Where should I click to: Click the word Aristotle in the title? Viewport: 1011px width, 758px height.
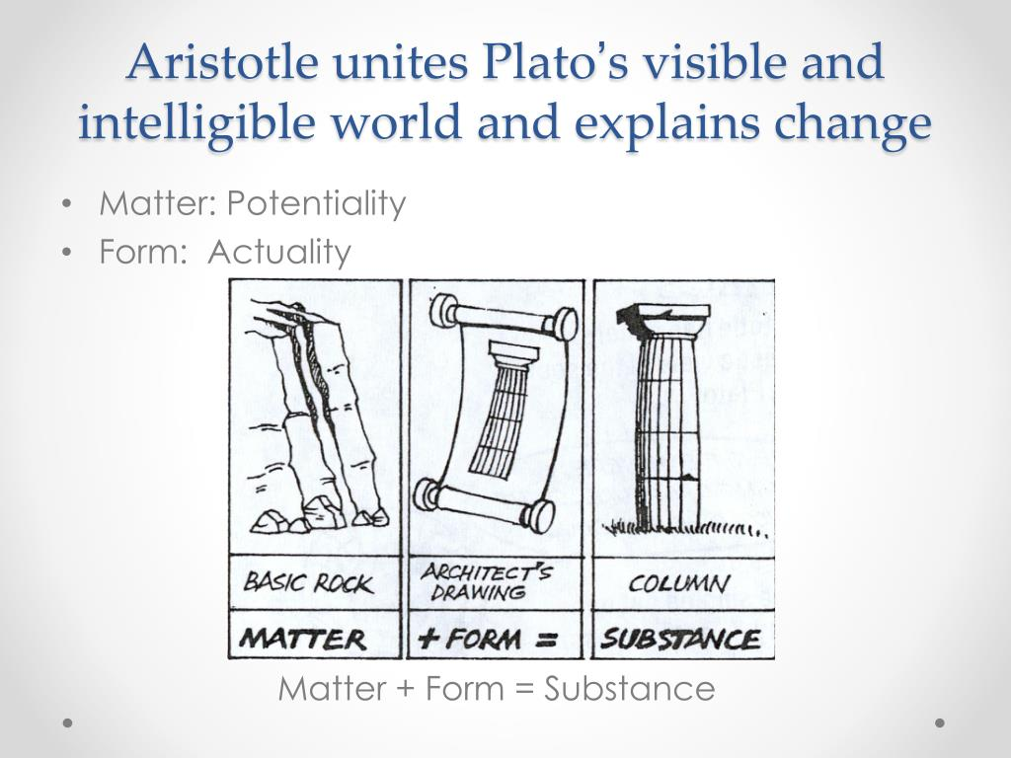pyautogui.click(x=222, y=61)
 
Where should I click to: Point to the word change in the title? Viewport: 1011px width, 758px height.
pyautogui.click(x=853, y=122)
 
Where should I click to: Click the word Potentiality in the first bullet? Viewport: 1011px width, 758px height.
pyautogui.click(x=317, y=203)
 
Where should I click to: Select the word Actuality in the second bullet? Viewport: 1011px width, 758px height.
pyautogui.click(x=279, y=252)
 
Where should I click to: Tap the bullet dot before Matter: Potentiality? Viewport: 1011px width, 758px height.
pyautogui.click(x=66, y=204)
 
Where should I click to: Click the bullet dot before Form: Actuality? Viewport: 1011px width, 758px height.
pyautogui.click(x=66, y=253)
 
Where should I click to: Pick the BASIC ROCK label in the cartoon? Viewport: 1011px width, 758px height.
pyautogui.click(x=308, y=582)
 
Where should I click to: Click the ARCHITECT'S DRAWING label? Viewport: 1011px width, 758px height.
pyautogui.click(x=486, y=582)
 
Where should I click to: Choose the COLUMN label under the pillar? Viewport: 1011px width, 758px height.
pyautogui.click(x=678, y=584)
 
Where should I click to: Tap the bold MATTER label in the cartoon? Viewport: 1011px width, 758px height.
pyautogui.click(x=303, y=639)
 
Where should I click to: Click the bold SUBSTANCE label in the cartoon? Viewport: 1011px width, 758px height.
pyautogui.click(x=680, y=639)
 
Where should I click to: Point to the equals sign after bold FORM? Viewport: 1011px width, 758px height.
pyautogui.click(x=547, y=640)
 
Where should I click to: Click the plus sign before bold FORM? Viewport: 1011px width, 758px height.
pyautogui.click(x=428, y=639)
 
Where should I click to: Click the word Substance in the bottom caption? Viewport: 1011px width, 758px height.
pyautogui.click(x=629, y=688)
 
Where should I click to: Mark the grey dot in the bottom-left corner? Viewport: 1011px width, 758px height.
pyautogui.click(x=67, y=723)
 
